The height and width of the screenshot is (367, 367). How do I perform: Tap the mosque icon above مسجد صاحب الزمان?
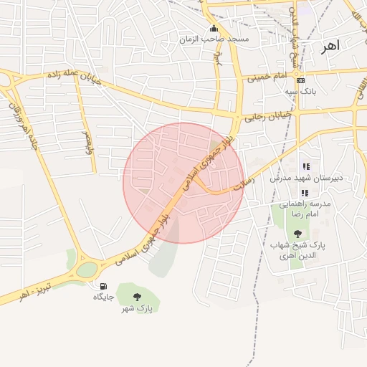[213, 29]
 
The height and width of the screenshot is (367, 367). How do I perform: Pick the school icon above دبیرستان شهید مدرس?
[306, 166]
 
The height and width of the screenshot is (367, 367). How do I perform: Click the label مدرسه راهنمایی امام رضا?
[304, 209]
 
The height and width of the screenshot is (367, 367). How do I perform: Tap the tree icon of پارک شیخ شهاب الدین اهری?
[297, 234]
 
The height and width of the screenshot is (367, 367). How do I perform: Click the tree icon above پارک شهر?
[136, 297]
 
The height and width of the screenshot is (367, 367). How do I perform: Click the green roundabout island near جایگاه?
[87, 270]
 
